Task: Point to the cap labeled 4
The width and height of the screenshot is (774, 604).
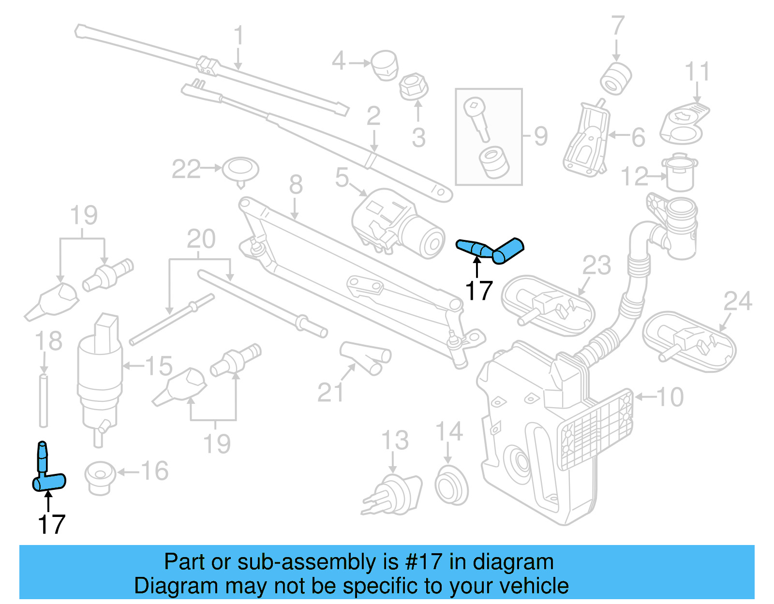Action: click(385, 65)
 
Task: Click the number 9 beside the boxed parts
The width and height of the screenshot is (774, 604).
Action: click(541, 136)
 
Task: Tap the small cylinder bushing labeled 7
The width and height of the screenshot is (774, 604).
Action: click(616, 78)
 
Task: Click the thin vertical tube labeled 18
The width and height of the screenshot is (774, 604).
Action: click(44, 400)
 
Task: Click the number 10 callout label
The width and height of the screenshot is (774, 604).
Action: click(670, 397)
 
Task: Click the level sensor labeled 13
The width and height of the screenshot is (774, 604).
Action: click(394, 496)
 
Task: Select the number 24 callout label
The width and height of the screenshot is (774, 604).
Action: click(738, 301)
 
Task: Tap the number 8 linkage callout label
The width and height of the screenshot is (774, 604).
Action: click(296, 185)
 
